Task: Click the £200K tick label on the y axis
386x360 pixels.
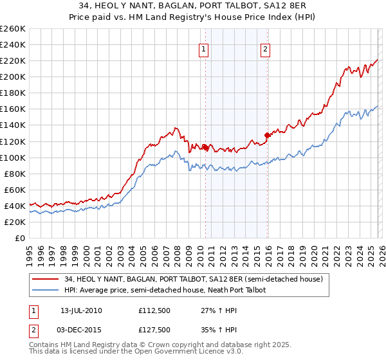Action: click(x=13, y=76)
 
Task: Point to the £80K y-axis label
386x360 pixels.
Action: click(x=15, y=174)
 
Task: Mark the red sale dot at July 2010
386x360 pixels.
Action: click(x=205, y=147)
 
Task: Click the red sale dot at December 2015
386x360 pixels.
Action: click(x=266, y=135)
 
